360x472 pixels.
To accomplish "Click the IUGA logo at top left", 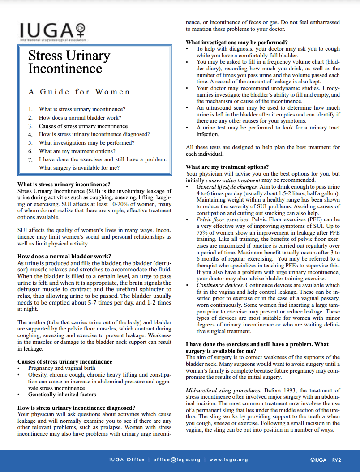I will (52, 31).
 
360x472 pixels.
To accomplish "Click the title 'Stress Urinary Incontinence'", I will (69, 62).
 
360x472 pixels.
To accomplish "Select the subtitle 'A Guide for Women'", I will (79, 92).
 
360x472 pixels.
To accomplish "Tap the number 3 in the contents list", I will (30, 126).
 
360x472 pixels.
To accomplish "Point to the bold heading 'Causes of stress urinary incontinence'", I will (64, 361).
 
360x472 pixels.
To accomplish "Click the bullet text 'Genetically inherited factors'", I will (62, 395).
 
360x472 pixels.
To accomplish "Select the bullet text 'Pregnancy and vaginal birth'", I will (61, 368).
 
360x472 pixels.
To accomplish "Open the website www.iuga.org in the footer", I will (228, 459).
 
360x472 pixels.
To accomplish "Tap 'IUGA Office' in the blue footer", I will (127, 459).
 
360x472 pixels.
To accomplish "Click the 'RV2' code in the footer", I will (337, 459).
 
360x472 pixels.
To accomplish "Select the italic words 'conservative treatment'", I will (233, 180).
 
